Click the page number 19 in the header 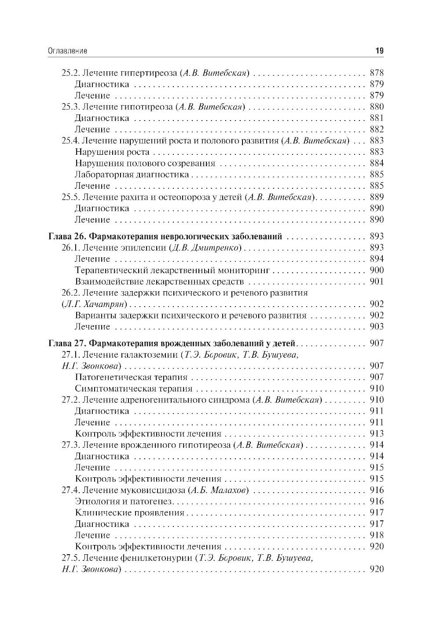(x=379, y=51)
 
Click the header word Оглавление (x=67, y=51)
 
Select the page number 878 (x=377, y=73)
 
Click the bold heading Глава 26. (x=64, y=236)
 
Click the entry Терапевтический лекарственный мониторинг (x=172, y=270)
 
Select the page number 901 (x=377, y=282)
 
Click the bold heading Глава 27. (x=64, y=343)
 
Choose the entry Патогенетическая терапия (x=131, y=377)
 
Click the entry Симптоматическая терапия (x=133, y=388)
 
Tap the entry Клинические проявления (x=129, y=513)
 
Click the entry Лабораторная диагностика (x=132, y=175)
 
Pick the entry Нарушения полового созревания (x=145, y=163)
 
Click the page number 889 (x=377, y=197)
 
